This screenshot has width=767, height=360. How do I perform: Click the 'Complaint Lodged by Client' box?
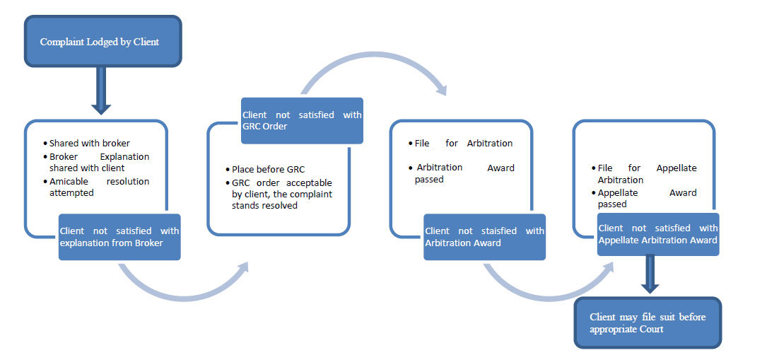(103, 41)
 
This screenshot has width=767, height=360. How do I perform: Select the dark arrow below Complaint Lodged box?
(101, 91)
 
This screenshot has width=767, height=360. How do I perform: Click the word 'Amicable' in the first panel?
(69, 182)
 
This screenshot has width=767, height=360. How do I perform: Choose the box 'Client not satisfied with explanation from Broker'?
(119, 237)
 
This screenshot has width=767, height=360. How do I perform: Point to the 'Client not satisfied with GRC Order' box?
(302, 121)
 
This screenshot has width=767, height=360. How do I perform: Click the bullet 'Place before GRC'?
(265, 169)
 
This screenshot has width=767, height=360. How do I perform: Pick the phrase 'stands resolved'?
(264, 206)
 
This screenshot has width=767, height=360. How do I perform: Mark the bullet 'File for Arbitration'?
(460, 144)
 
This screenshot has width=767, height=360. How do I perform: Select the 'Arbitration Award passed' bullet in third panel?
(462, 173)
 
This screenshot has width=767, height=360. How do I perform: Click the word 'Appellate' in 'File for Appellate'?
(677, 168)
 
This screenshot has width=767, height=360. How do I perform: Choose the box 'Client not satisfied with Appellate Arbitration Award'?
(658, 234)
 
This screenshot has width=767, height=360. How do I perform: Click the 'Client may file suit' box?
(648, 323)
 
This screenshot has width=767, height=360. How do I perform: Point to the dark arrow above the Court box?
(650, 274)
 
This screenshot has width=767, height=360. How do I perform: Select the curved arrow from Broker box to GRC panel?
(181, 293)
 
